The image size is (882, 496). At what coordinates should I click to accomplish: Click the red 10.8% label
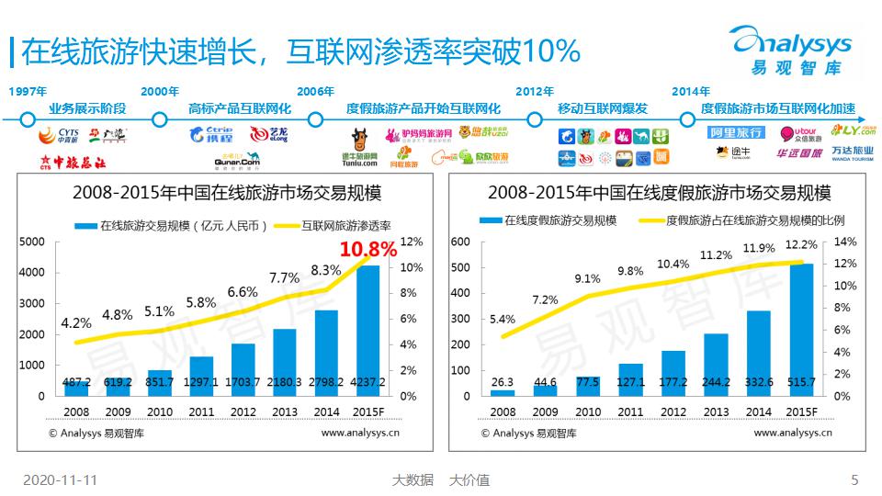tap(368, 249)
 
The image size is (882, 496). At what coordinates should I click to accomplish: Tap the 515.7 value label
tap(802, 382)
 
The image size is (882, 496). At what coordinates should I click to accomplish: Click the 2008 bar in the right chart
tap(503, 392)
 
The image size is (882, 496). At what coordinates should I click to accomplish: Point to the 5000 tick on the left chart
tap(31, 242)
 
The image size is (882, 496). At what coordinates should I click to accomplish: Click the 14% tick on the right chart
tap(844, 242)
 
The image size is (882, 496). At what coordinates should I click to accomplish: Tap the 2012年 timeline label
tap(535, 91)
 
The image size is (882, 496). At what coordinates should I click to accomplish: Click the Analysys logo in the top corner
tap(790, 46)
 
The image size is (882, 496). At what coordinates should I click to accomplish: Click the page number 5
tap(854, 479)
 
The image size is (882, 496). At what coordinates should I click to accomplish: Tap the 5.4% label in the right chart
tap(503, 320)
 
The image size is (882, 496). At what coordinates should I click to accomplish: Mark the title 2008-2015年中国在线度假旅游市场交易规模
tap(659, 194)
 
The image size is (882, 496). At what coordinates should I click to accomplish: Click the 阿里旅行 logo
tap(736, 132)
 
